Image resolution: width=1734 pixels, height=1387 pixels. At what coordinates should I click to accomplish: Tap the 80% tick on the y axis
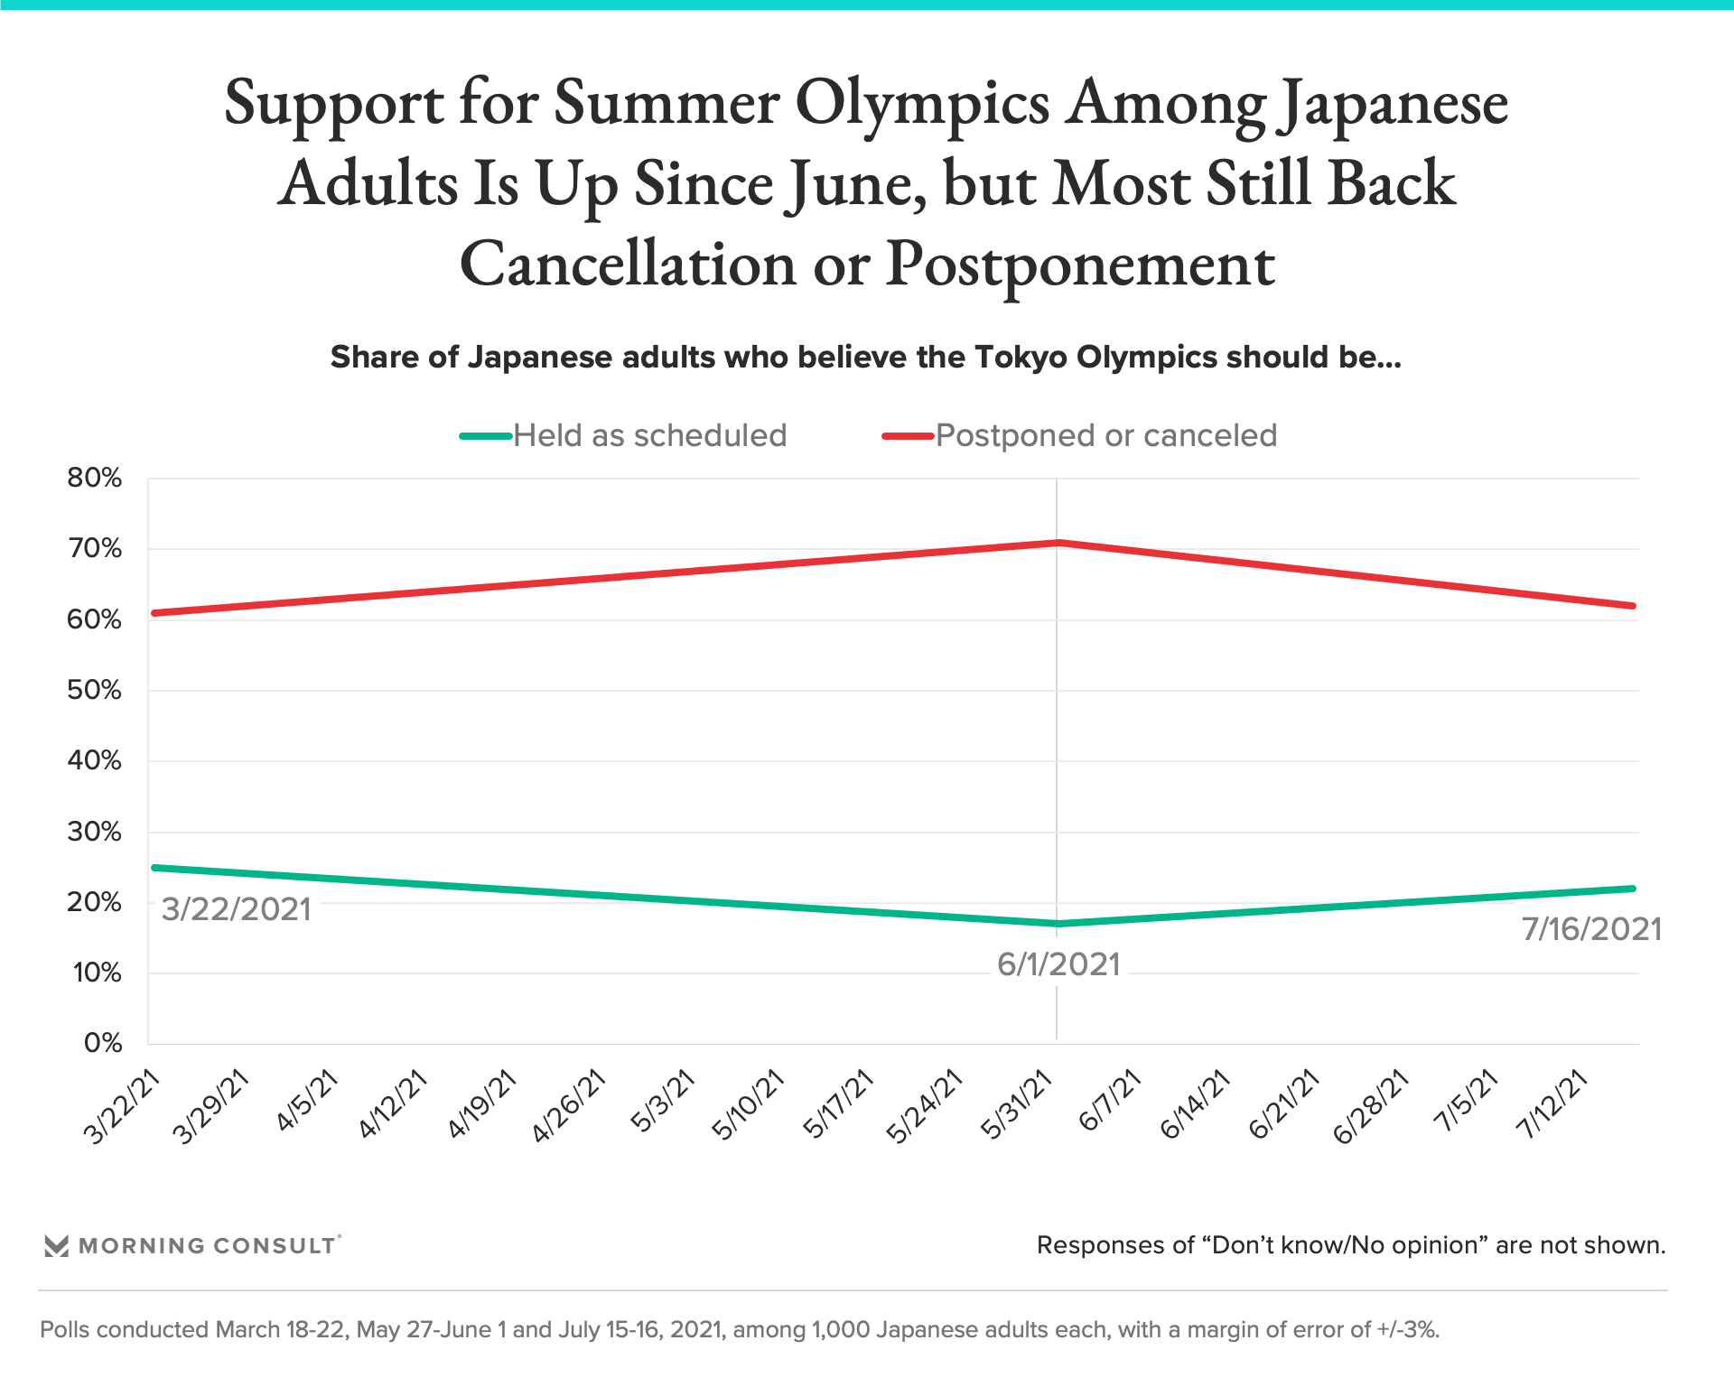pos(94,478)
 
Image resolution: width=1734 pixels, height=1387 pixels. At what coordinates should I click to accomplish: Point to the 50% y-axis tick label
pos(94,690)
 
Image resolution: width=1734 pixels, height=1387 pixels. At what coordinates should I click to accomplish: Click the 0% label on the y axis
pos(102,1043)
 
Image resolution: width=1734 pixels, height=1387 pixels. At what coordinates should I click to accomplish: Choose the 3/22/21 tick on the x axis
pos(122,1106)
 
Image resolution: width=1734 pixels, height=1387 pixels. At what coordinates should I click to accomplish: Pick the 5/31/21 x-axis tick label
pos(1017,1106)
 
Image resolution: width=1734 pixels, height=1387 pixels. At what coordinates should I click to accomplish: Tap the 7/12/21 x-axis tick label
pos(1552,1106)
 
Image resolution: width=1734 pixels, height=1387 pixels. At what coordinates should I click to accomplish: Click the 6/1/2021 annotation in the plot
pos(1058,964)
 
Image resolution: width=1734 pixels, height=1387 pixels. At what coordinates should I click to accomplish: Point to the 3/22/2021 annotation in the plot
pos(236,908)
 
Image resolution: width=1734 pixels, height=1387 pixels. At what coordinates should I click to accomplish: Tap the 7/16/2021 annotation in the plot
pos(1591,929)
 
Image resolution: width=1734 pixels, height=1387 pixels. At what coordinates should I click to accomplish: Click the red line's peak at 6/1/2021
pos(1058,543)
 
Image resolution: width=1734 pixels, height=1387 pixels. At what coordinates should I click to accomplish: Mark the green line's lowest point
pos(1058,924)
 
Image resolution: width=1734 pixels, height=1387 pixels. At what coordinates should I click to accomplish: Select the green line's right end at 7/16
pos(1633,889)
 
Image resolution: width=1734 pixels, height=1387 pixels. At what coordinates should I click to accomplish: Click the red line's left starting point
pos(155,613)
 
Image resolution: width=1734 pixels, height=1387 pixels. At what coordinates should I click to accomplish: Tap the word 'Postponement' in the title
pos(1080,265)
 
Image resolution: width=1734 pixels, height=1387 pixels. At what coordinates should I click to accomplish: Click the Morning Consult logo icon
pos(56,1246)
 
